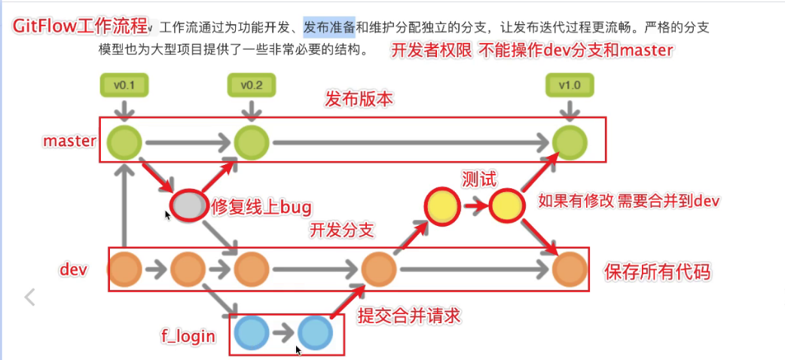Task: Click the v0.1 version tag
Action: pyautogui.click(x=124, y=85)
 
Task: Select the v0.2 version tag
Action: pyautogui.click(x=251, y=85)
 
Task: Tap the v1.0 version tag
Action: pyautogui.click(x=569, y=85)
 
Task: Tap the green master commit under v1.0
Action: pyautogui.click(x=569, y=142)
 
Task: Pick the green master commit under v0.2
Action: pyautogui.click(x=251, y=142)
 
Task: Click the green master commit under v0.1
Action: pyautogui.click(x=124, y=142)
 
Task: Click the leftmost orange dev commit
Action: pyautogui.click(x=124, y=269)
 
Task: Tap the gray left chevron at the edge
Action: pyautogui.click(x=30, y=297)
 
